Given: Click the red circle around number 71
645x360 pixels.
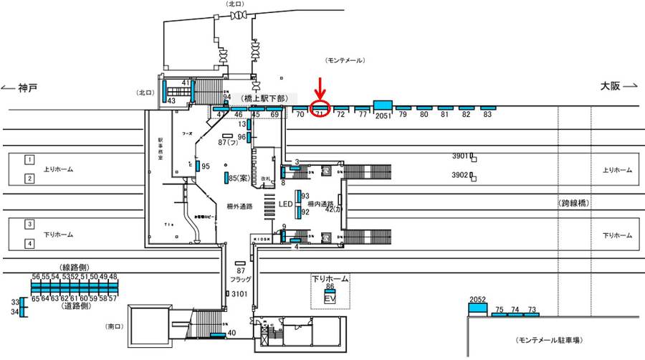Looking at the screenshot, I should tap(320, 110).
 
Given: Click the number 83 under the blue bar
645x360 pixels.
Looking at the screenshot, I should tap(487, 115).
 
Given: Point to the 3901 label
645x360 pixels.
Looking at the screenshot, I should tap(460, 156).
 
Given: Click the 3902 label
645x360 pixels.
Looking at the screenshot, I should tap(460, 175).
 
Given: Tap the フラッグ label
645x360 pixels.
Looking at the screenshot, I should tap(241, 280).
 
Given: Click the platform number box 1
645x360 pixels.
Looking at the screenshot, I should tap(30, 158).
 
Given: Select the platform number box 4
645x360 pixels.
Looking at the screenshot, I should tap(30, 243).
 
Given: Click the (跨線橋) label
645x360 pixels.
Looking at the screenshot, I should tap(574, 204).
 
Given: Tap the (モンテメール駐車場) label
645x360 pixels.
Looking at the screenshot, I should tap(553, 339).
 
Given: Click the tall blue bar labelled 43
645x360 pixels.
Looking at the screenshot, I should tap(164, 93).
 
